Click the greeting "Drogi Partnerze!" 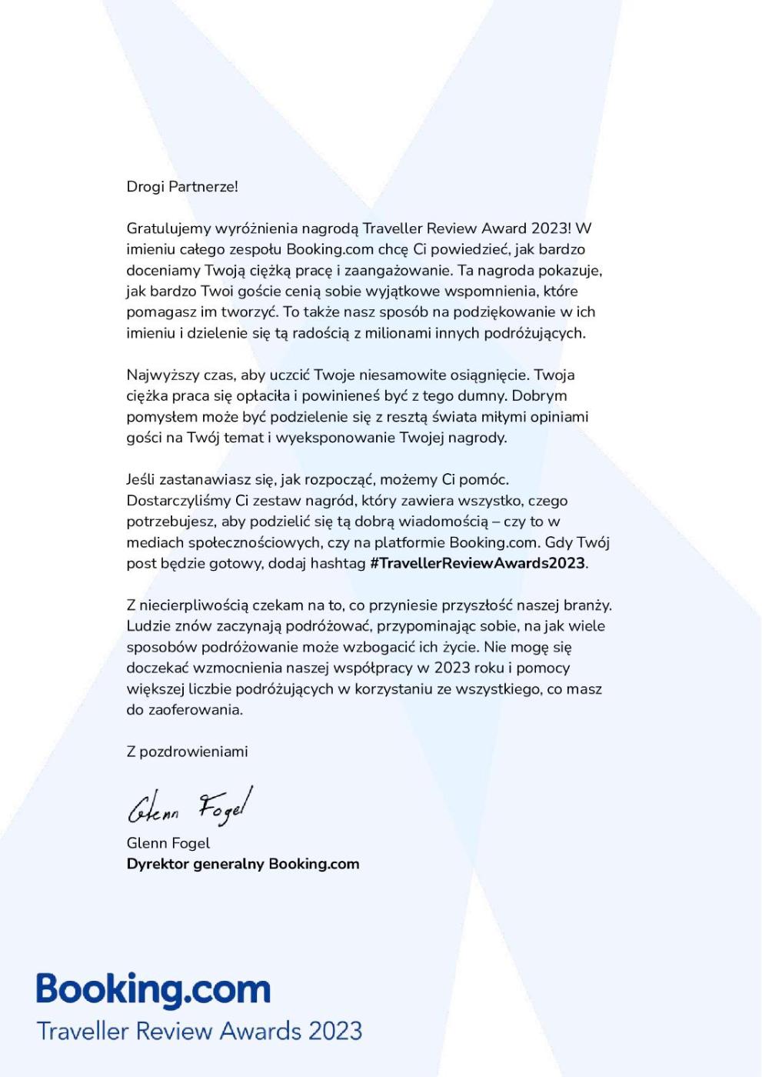pos(182,187)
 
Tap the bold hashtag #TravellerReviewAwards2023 pos(477,563)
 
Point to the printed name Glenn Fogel pos(168,843)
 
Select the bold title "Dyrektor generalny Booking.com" pos(242,864)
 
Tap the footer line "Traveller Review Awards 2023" pos(199,1031)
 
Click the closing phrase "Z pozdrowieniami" pos(187,752)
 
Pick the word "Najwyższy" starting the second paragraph pos(158,375)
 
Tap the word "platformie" pos(410,542)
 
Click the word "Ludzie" pos(148,626)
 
